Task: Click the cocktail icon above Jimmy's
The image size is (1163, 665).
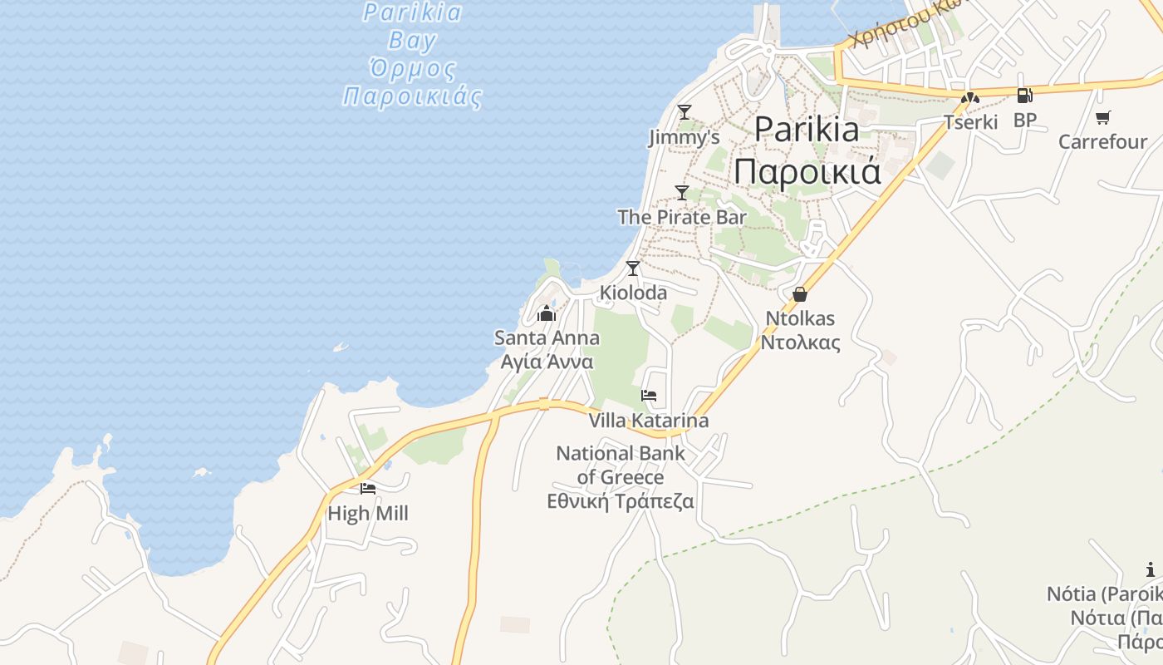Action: pos(684,111)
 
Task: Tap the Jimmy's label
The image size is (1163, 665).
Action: pos(684,137)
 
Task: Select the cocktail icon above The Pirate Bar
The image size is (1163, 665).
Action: pos(682,192)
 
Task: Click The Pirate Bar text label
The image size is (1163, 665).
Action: pos(682,217)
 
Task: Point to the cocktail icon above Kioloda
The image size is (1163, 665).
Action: pos(633,268)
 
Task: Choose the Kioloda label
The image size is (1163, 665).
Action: pos(633,293)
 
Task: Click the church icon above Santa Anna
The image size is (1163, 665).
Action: pos(546,313)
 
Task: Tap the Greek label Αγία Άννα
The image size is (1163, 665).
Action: pos(547,362)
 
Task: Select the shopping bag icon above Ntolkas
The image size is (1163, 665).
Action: pos(800,293)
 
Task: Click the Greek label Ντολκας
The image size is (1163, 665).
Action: pos(800,342)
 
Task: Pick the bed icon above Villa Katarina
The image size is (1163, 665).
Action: pos(649,395)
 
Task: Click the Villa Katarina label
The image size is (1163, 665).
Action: pos(649,421)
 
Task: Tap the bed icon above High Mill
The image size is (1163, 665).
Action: pos(368,488)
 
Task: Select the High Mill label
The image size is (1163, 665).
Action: pos(368,514)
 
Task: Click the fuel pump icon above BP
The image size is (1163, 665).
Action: pos(1024,96)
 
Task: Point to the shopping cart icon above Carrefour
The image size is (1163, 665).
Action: pos(1102,117)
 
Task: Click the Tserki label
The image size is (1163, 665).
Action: pos(970,122)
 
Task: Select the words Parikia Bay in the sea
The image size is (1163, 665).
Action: pos(413,26)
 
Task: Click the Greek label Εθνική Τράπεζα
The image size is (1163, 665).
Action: pos(621,501)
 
